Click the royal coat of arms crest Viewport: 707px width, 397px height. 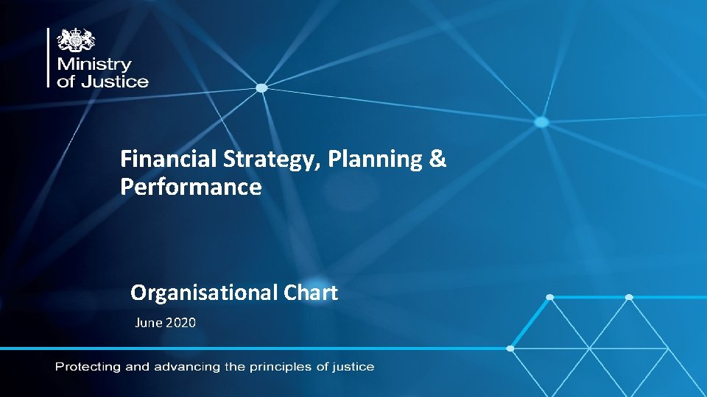tap(77, 41)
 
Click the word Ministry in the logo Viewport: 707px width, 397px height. tap(94, 65)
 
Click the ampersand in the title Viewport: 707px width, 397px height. tap(437, 159)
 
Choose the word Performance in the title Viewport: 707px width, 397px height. tap(191, 187)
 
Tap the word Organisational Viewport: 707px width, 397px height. tap(203, 293)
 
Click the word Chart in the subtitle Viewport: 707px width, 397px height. tap(310, 293)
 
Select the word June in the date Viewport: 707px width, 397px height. tap(148, 322)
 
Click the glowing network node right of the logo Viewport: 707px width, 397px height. tap(261, 88)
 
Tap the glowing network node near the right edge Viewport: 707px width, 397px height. tap(541, 121)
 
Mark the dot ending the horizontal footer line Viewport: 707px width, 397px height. tap(510, 348)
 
